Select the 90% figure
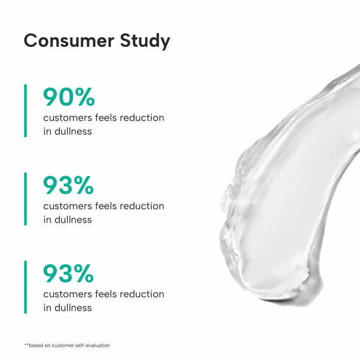69,97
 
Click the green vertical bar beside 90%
25,111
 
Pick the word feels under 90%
106,118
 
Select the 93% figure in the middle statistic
69,186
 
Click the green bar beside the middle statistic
25,199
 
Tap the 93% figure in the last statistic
69,274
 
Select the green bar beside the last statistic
25,287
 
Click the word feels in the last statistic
106,295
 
